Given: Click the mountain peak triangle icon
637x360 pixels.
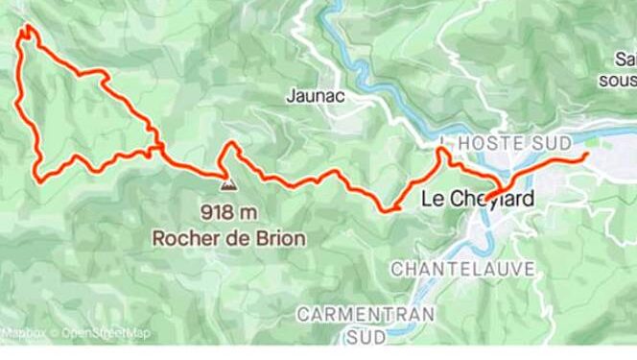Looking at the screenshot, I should (x=227, y=182).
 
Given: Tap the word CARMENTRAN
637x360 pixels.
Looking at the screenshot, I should (x=366, y=314).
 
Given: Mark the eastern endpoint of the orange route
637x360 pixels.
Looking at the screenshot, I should (x=586, y=155).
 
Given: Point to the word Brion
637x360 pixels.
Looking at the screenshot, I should (x=280, y=232).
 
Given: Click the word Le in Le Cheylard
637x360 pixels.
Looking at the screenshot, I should (x=434, y=202).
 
